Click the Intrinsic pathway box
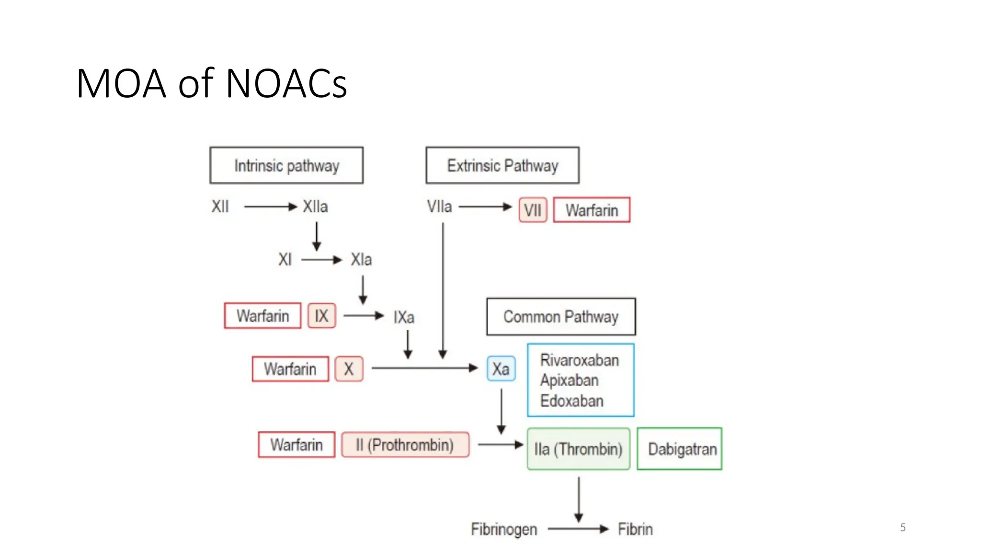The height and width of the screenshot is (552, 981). coord(286,165)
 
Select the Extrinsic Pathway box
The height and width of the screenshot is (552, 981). coord(502,165)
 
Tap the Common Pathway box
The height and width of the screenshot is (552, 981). coord(560,316)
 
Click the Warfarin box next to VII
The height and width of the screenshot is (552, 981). coord(592,210)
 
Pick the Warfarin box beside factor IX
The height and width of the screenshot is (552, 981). coord(262,316)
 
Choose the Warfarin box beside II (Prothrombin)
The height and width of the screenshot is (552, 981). coord(296,445)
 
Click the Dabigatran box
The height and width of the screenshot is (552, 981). coord(679,448)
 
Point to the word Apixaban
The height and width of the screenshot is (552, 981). coord(569,380)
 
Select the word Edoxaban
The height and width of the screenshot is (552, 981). coord(571,401)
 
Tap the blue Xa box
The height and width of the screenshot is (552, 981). coord(501,368)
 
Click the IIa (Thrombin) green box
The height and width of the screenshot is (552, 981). coord(578,449)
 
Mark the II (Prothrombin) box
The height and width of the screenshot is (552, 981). coord(405,445)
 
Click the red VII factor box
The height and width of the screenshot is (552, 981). coord(532,210)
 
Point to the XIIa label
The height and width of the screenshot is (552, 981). coord(315,207)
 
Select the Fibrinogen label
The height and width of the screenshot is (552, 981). coord(504,529)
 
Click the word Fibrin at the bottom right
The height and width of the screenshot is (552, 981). coord(635,529)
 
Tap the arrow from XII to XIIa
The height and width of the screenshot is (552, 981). coord(270,207)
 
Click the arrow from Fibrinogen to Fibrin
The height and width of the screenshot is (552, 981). coord(578,529)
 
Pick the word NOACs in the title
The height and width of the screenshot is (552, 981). coord(286,84)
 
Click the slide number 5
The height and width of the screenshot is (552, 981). coord(903,528)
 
